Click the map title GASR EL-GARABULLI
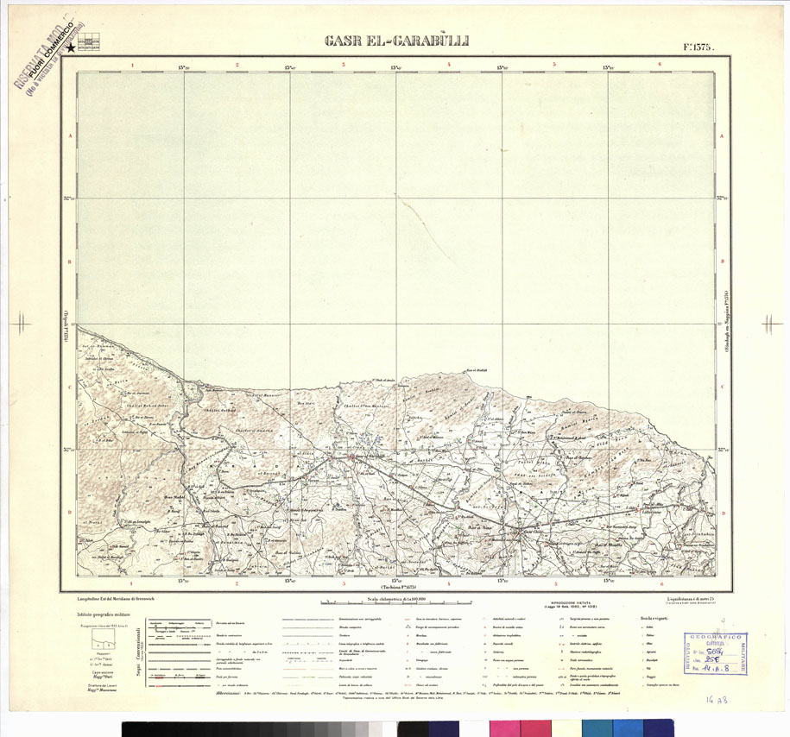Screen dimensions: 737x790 click(396, 40)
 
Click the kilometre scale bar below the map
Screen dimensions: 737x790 click(396, 602)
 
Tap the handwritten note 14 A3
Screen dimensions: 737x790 click(717, 702)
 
